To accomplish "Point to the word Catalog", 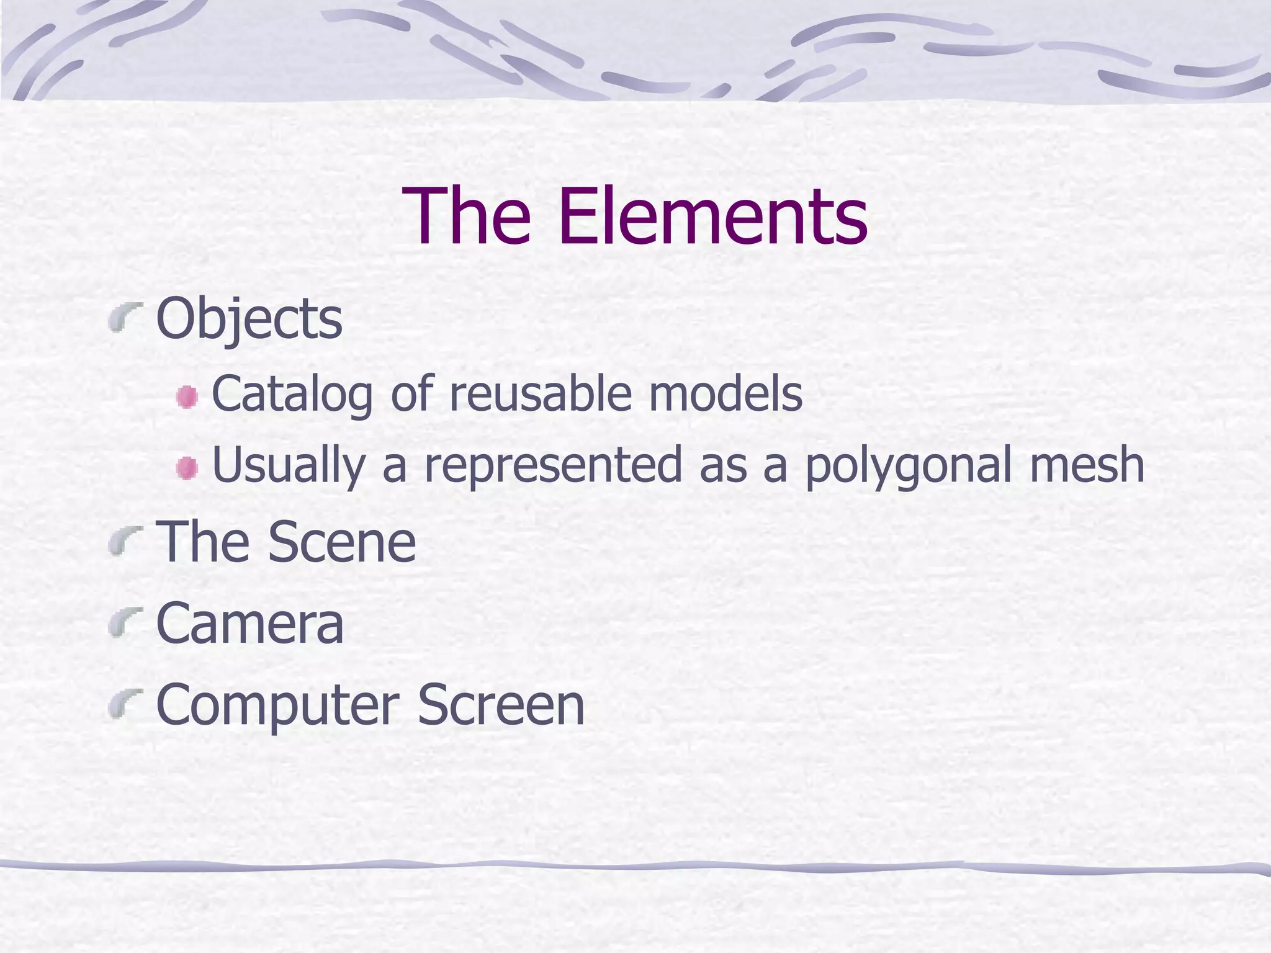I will [x=292, y=394].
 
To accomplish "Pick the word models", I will [x=725, y=394].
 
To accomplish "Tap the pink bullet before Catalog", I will [x=186, y=397].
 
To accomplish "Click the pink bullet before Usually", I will [x=186, y=468].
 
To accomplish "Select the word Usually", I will [x=289, y=465].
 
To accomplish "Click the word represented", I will [x=553, y=465].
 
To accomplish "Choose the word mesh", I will [x=1087, y=465].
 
